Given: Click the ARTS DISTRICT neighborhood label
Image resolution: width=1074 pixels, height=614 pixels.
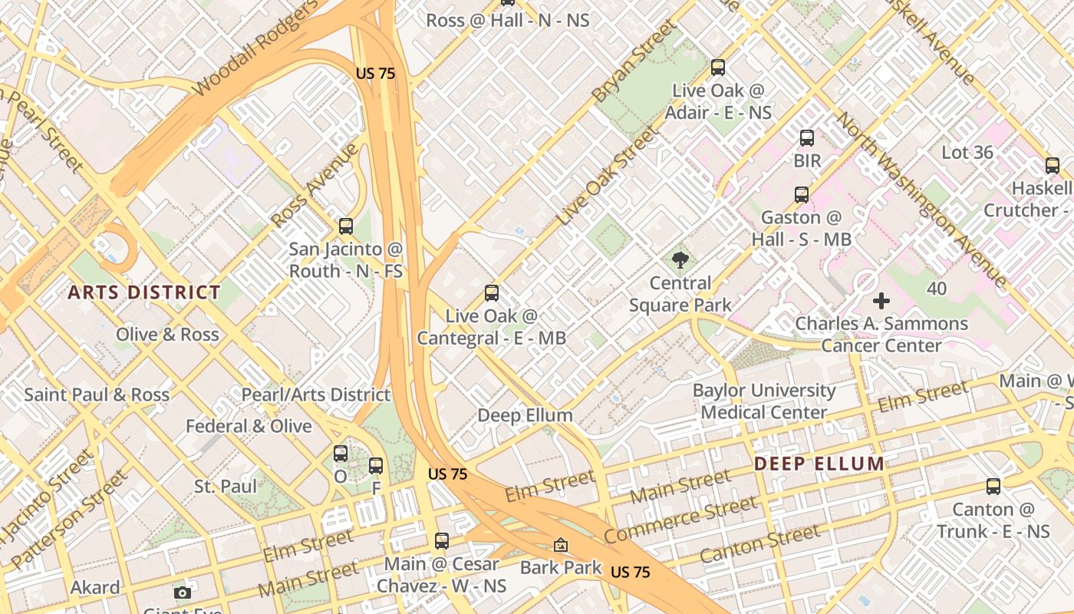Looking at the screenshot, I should click(x=144, y=292).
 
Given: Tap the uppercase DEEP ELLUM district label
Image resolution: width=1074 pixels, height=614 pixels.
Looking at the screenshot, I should click(x=819, y=464).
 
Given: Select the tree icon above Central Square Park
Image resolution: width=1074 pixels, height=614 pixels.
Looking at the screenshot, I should click(x=680, y=260).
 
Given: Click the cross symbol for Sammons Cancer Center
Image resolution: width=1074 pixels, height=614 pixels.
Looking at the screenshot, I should click(x=881, y=301).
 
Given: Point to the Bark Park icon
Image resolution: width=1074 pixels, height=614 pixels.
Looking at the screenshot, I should click(x=561, y=545).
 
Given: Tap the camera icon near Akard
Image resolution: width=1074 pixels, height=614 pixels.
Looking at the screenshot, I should click(x=182, y=592).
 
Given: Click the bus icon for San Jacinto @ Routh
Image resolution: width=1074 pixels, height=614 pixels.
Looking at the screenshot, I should click(x=346, y=226).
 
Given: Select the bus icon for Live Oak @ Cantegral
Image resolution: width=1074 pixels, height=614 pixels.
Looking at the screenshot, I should click(x=492, y=293).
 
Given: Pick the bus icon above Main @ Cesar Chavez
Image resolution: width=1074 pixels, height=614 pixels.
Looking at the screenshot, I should click(x=441, y=541).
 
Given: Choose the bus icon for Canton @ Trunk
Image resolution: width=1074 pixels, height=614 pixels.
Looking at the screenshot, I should click(x=993, y=486).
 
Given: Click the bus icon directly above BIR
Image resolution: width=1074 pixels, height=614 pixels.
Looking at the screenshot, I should click(x=807, y=138).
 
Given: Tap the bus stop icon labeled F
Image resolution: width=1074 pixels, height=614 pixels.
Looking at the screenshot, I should click(x=376, y=465).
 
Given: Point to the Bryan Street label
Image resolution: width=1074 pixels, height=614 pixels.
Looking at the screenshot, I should click(x=634, y=61).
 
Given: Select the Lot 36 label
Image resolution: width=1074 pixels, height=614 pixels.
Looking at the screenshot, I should click(x=967, y=152).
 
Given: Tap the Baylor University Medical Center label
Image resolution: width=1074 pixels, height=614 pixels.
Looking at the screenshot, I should click(x=764, y=401).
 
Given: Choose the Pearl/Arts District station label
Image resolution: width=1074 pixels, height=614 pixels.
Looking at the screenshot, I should click(x=316, y=394).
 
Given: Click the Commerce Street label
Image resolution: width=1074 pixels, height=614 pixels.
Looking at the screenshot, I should click(x=680, y=520).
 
